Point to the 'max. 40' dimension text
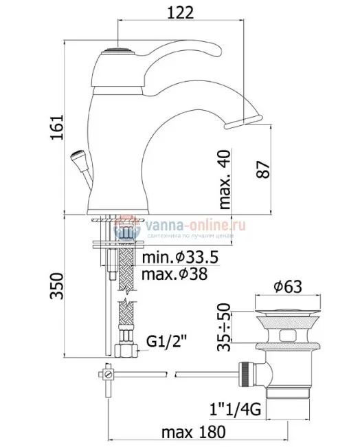pyautogui.click(x=224, y=179)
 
